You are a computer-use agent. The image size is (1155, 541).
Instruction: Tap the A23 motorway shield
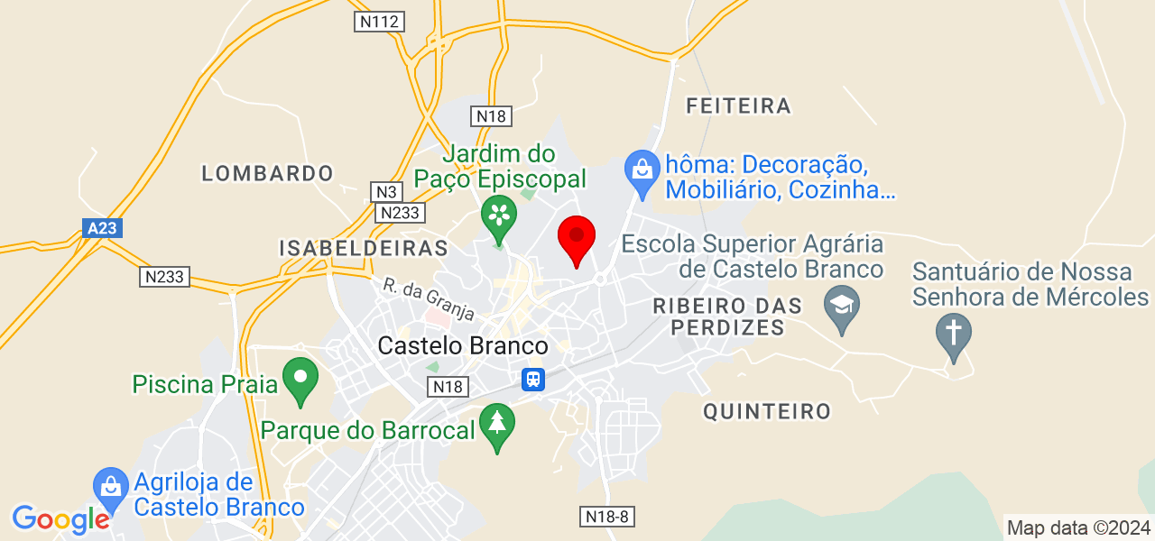click(x=102, y=228)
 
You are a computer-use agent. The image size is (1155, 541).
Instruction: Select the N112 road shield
click(x=379, y=22)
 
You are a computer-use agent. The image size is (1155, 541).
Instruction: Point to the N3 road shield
click(x=386, y=191)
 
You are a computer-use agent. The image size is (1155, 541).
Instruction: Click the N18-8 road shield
click(x=605, y=516)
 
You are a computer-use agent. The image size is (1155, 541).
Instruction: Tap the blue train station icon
click(x=533, y=379)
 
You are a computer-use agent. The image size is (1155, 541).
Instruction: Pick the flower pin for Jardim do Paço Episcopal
click(x=497, y=217)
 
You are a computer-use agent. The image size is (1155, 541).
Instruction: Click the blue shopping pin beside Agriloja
click(x=110, y=489)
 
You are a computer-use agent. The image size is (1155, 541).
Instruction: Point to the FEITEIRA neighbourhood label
click(x=738, y=106)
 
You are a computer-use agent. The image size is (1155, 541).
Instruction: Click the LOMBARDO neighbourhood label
click(x=267, y=173)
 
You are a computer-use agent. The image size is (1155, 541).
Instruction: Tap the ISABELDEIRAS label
click(x=363, y=248)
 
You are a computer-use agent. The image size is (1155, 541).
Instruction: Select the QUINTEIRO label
click(x=767, y=412)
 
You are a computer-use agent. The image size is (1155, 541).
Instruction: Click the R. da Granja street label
click(x=428, y=298)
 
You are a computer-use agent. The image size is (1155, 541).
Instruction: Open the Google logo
click(x=60, y=519)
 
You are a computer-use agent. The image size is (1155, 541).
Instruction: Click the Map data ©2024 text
click(x=1078, y=528)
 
